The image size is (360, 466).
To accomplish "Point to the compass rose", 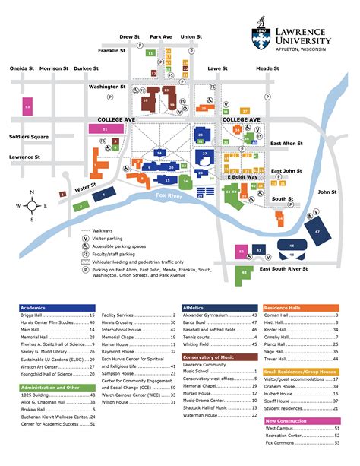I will click(32, 205).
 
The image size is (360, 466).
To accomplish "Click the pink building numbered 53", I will click(28, 108).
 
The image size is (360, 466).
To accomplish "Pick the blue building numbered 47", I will click(318, 229).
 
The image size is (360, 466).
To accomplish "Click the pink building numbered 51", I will click(105, 130).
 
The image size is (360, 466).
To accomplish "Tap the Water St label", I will click(86, 185).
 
